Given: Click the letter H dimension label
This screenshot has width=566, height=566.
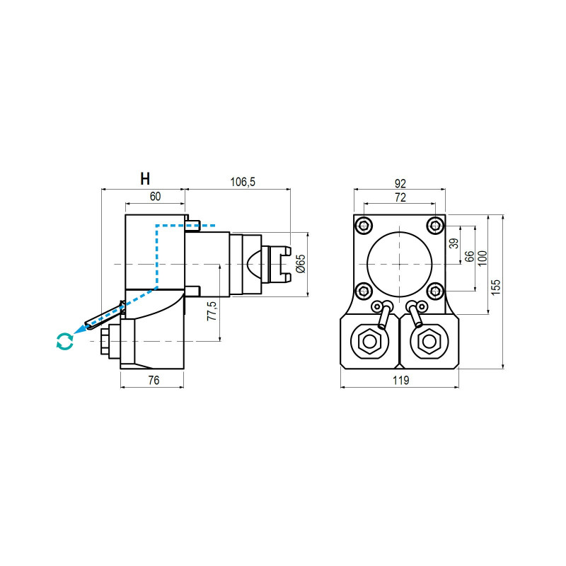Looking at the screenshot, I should pos(145,178).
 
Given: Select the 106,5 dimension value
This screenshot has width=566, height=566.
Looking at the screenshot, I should pos(242,183).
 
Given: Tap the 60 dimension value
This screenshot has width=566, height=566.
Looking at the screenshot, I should pos(155,197).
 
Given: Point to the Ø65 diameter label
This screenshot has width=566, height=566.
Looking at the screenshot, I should pos(300,263).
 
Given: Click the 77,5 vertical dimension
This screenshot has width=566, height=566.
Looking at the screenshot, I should pos(210,311).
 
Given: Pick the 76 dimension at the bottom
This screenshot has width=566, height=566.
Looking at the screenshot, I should pos(153,380).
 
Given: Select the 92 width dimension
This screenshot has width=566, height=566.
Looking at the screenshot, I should pos(400,183).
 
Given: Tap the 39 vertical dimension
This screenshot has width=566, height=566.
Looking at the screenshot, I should pos(454,244).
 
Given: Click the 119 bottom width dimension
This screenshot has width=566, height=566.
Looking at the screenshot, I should pos(400,380).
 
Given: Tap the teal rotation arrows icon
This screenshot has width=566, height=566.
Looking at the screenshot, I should pos(64,341).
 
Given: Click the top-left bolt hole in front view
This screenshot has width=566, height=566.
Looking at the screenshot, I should pos(364,226).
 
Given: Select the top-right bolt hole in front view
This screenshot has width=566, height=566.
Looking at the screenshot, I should pos(434,226).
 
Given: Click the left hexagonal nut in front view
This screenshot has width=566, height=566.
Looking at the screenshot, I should pos(370,342).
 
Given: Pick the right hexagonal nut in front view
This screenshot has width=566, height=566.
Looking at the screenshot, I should pos(428,342).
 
